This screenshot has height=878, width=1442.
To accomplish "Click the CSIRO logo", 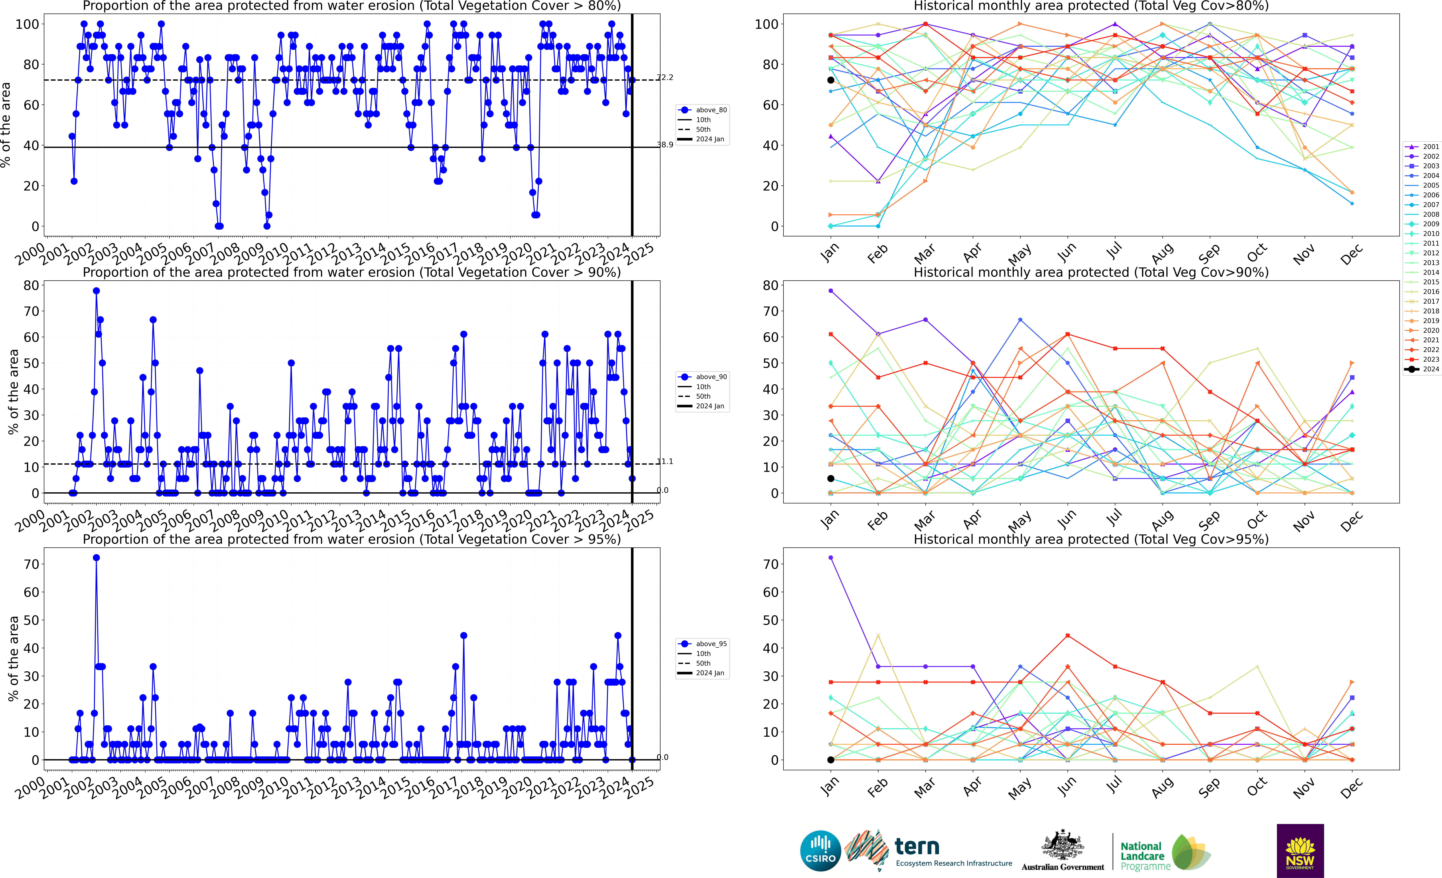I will click(x=820, y=850).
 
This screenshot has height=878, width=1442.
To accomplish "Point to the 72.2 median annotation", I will click(x=665, y=77).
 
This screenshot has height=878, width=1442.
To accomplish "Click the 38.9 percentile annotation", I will click(x=665, y=145).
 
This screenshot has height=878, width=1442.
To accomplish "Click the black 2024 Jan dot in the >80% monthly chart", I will click(x=830, y=80).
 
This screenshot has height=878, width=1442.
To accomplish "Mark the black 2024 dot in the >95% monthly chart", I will click(x=830, y=760).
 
